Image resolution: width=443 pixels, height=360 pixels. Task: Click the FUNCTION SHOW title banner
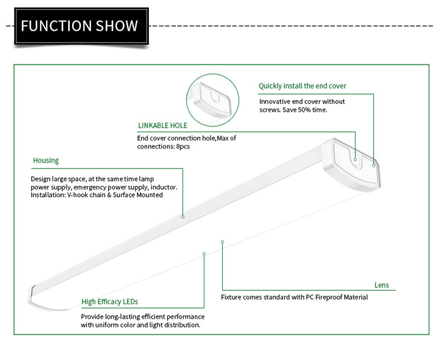coord(82,26)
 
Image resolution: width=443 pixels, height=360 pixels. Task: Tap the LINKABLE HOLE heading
coord(162,125)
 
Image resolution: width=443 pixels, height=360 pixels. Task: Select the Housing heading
coord(45,160)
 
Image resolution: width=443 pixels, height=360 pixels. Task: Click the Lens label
coord(382,285)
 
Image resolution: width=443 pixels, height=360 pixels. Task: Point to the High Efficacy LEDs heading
coord(110,301)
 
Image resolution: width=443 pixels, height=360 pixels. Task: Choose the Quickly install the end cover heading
coord(302,86)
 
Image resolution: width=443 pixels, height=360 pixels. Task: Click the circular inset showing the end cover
coord(213,100)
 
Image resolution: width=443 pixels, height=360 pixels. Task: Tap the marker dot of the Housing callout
coord(183,217)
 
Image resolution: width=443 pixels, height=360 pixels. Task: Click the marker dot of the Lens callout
coord(222,242)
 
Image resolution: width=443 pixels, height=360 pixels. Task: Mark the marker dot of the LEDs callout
coord(204,254)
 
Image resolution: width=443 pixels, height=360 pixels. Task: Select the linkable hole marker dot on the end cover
coord(355,160)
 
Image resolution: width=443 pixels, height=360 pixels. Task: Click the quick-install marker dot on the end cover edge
coord(373,166)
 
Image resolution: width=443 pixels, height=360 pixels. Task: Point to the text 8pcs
coord(183,147)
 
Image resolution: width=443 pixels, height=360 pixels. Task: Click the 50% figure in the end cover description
coord(304,110)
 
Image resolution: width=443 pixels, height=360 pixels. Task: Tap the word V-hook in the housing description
coord(78,195)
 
